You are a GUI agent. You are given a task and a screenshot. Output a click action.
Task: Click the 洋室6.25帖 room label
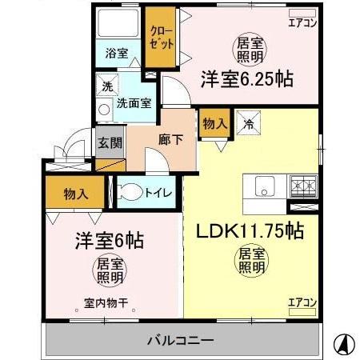click(x=246, y=80)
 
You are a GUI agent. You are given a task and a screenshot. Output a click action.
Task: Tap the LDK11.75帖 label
click(x=250, y=231)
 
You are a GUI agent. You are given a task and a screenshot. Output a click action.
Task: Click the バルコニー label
click(x=180, y=341)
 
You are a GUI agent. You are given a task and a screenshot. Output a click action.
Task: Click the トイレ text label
click(x=157, y=193)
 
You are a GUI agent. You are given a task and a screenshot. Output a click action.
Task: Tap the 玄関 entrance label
click(x=110, y=144)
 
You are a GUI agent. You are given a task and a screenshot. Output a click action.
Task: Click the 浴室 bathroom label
click(x=118, y=54)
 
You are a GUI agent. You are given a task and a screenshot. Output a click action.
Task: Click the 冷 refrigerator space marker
click(x=248, y=124)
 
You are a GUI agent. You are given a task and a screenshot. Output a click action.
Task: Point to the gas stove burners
click(x=303, y=187)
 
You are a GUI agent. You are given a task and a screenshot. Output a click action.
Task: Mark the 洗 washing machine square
click(x=106, y=85)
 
